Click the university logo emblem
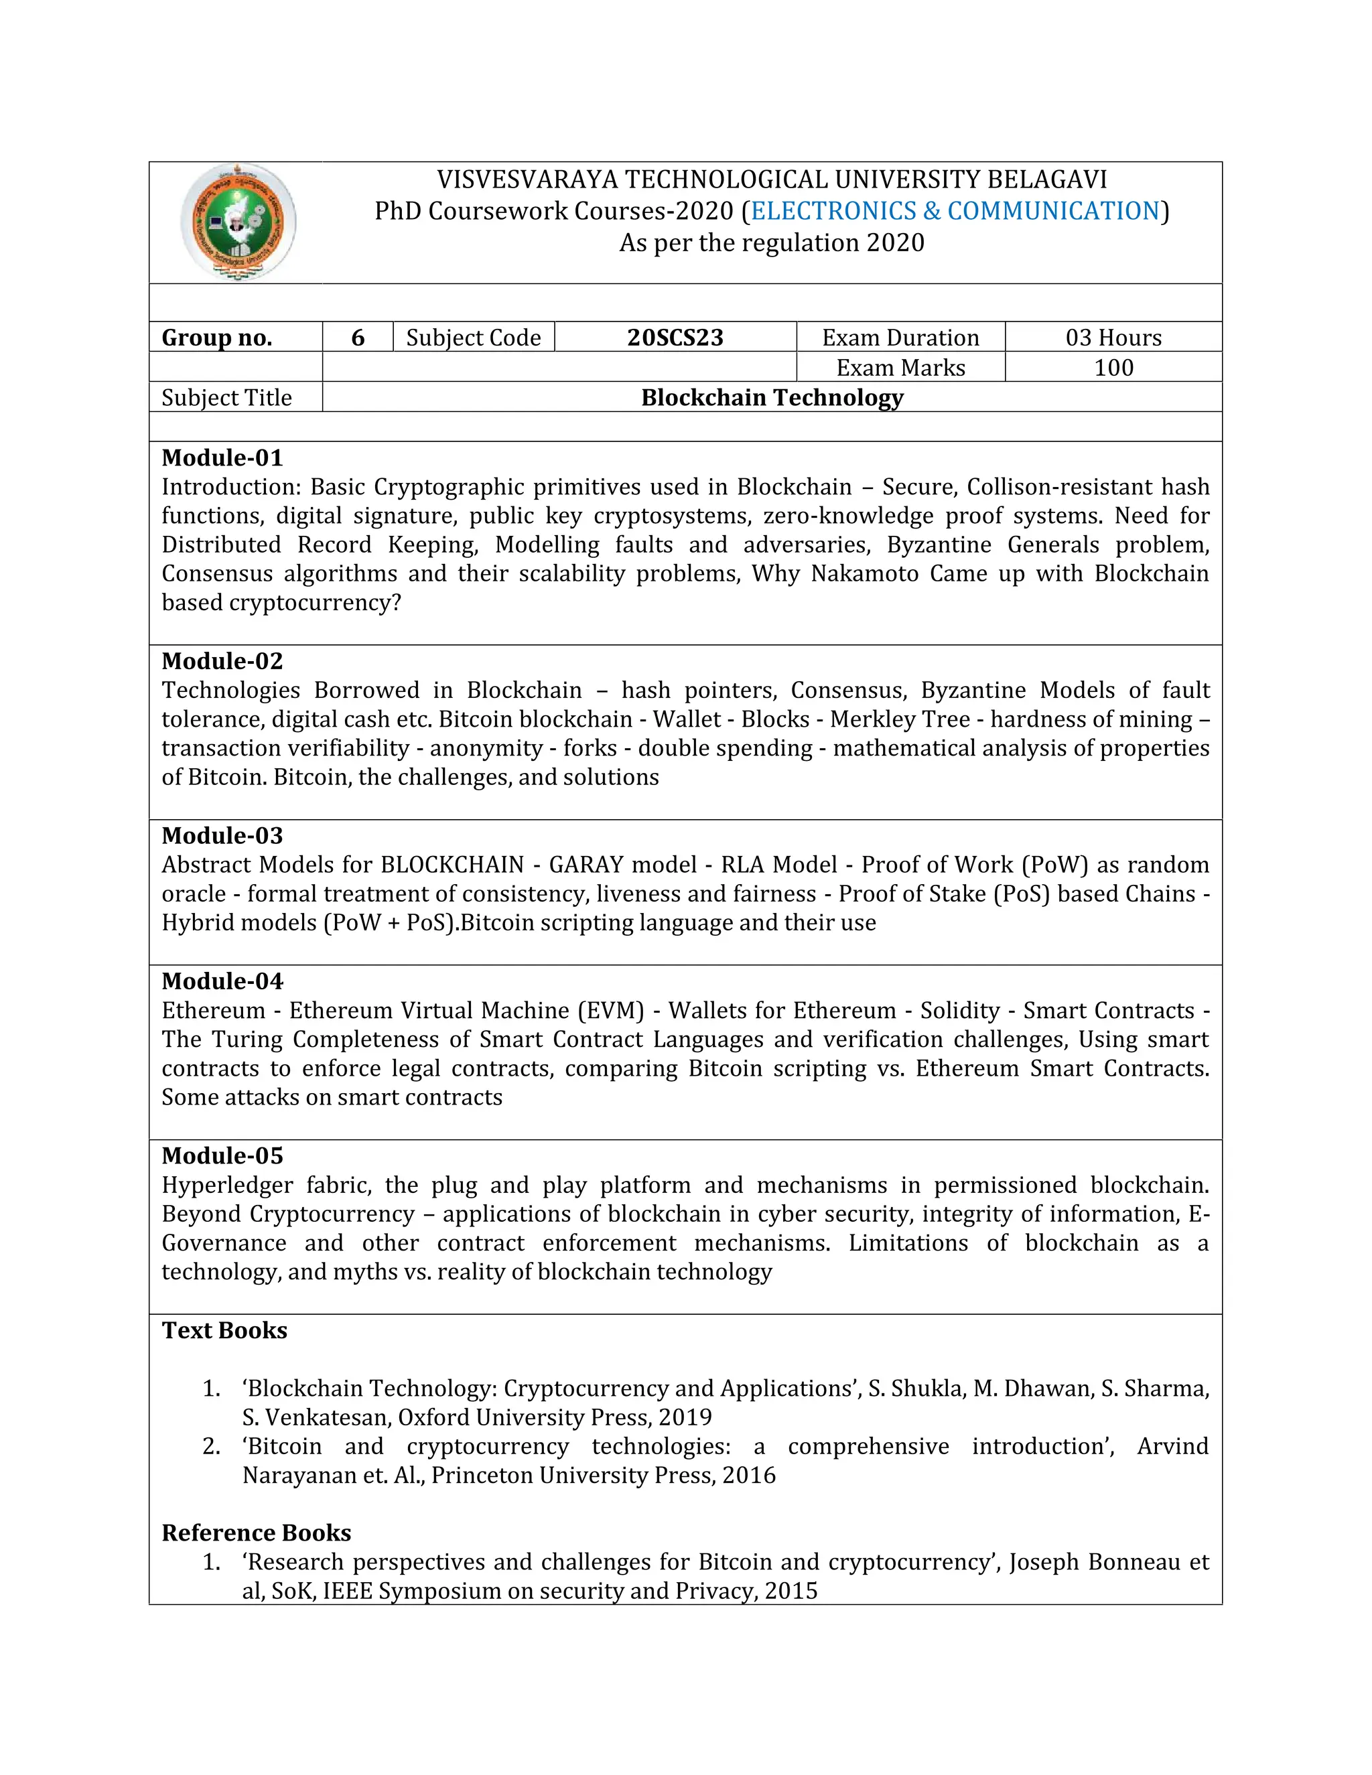(x=238, y=222)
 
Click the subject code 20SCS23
(x=675, y=338)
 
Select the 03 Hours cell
(x=1113, y=338)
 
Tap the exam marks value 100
(x=1113, y=367)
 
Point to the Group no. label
(x=217, y=338)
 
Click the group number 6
(x=358, y=338)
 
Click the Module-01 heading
(x=222, y=457)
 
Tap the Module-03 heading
(x=222, y=835)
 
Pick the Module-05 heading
(x=222, y=1155)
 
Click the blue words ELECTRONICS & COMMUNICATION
(x=955, y=210)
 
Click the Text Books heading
(x=224, y=1330)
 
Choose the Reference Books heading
(x=256, y=1533)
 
